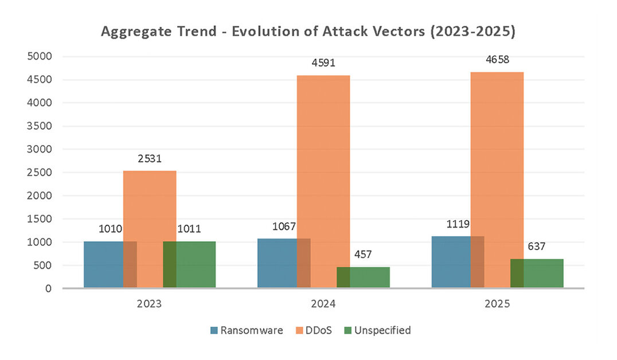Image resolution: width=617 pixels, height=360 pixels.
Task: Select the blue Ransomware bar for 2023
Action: (104, 264)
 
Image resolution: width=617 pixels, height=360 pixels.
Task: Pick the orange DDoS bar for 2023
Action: (150, 229)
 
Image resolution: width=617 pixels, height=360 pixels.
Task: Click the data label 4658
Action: (497, 59)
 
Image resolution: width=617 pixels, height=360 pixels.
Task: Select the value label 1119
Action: (458, 224)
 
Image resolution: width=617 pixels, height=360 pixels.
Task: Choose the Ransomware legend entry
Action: (247, 330)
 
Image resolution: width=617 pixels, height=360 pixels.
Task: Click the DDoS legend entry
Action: (314, 330)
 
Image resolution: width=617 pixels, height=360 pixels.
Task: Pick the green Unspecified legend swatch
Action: (347, 331)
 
